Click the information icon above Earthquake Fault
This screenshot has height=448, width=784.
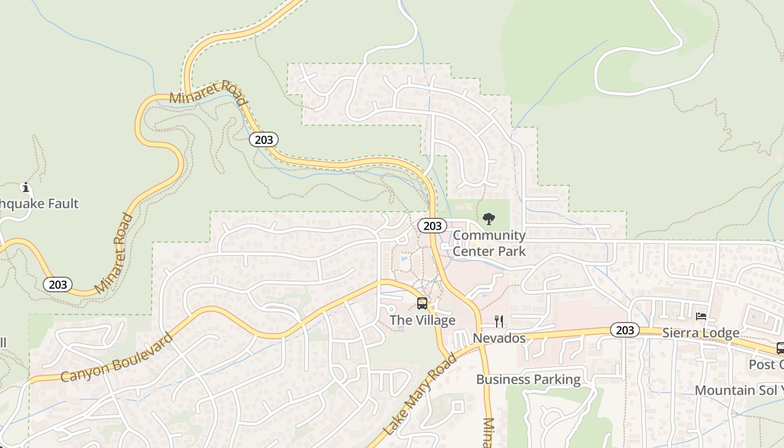(x=25, y=187)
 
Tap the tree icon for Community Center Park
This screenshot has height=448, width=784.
(x=489, y=218)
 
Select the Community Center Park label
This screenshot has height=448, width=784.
(x=489, y=243)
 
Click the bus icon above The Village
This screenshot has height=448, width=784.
(x=422, y=304)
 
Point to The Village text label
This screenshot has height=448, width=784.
(x=422, y=320)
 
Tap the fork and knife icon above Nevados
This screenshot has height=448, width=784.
(x=499, y=321)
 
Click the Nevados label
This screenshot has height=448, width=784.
(x=499, y=338)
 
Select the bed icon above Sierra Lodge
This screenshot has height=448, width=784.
(x=701, y=316)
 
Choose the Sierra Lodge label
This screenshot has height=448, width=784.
(x=701, y=333)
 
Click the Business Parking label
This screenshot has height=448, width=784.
(x=528, y=380)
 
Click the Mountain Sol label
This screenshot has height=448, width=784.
(x=738, y=390)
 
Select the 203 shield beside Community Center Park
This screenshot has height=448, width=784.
(x=432, y=226)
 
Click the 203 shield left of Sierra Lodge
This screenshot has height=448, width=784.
(x=624, y=330)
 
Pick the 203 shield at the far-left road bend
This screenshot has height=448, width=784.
(x=58, y=284)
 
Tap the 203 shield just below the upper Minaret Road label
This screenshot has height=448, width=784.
(x=264, y=139)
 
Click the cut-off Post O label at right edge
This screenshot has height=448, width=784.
(x=766, y=365)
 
